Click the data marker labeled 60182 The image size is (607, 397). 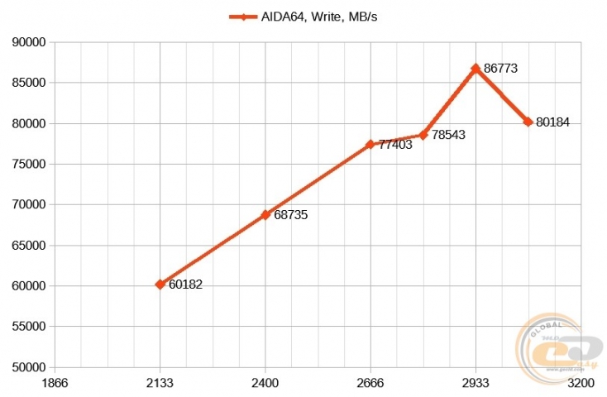pyautogui.click(x=160, y=284)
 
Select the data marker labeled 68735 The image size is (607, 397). pyautogui.click(x=265, y=214)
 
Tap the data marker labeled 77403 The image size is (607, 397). pyautogui.click(x=370, y=144)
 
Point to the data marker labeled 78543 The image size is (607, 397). pyautogui.click(x=423, y=135)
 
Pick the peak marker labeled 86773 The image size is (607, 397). pyautogui.click(x=476, y=69)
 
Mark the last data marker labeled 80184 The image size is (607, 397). pyautogui.click(x=528, y=122)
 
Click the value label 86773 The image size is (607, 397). pyautogui.click(x=500, y=69)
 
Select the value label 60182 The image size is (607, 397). pyautogui.click(x=185, y=285)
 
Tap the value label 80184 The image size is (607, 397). pyautogui.click(x=552, y=122)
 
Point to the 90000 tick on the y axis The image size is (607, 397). pyautogui.click(x=30, y=42)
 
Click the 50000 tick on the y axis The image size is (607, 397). pyautogui.click(x=30, y=367)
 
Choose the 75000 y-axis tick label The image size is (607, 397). pyautogui.click(x=30, y=164)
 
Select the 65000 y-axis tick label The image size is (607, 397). pyautogui.click(x=30, y=246)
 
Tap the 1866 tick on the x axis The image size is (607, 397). pyautogui.click(x=55, y=384)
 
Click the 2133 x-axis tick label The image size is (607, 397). pyautogui.click(x=160, y=384)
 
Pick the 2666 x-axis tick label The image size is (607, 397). pyautogui.click(x=370, y=384)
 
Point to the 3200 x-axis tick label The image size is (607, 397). pyautogui.click(x=581, y=384)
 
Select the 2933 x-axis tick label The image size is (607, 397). pyautogui.click(x=476, y=384)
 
